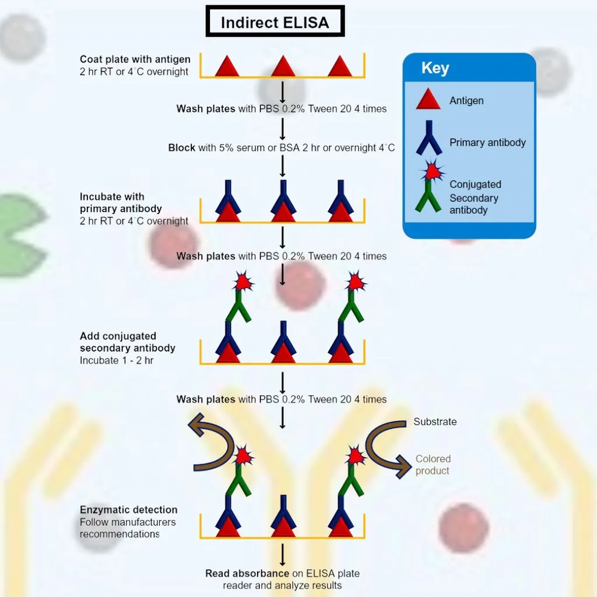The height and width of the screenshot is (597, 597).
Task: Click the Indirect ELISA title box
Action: pyautogui.click(x=275, y=23)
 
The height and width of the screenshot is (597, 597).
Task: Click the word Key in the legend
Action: pyautogui.click(x=435, y=68)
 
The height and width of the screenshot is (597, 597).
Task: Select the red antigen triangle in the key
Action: pyautogui.click(x=428, y=100)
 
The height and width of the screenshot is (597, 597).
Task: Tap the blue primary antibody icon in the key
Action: pyautogui.click(x=429, y=138)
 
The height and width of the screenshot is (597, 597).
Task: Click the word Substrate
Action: pyautogui.click(x=435, y=422)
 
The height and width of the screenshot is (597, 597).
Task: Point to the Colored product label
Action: pyautogui.click(x=433, y=465)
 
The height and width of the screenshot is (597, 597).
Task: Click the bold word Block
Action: pyautogui.click(x=182, y=148)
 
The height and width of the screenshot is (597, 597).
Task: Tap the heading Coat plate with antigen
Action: pyautogui.click(x=135, y=59)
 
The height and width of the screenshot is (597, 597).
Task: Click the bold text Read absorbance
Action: pyautogui.click(x=247, y=574)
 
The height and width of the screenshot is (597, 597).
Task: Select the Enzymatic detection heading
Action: pyautogui.click(x=128, y=510)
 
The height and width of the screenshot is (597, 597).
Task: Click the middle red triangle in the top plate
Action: pyautogui.click(x=283, y=66)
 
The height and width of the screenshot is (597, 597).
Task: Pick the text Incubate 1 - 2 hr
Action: pyautogui.click(x=117, y=360)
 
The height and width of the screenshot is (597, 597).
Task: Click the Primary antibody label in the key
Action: pyautogui.click(x=487, y=142)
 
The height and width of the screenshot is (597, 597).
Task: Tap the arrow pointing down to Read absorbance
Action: pyautogui.click(x=283, y=553)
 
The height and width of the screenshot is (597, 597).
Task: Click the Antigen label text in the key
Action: pyautogui.click(x=466, y=100)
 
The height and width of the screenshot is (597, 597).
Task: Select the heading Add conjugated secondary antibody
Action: pyautogui.click(x=127, y=342)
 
